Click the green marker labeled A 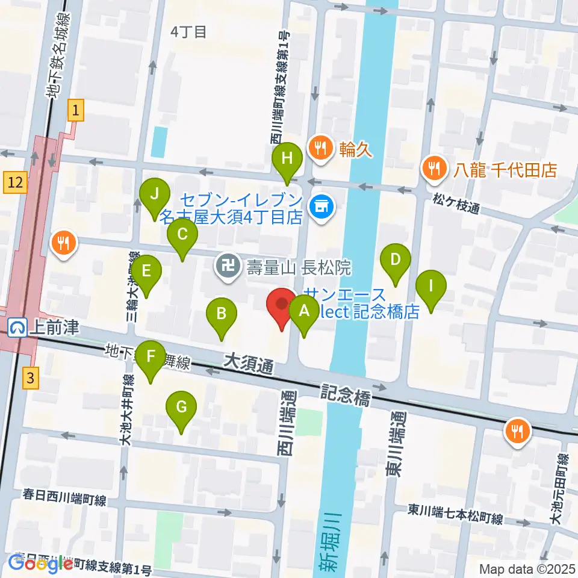coord(304,313)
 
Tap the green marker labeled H coord(287,160)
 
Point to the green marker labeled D coord(395,260)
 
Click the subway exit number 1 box coord(75,110)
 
